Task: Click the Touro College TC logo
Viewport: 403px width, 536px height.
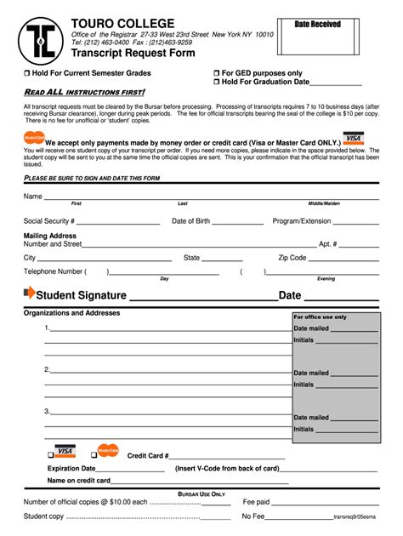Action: click(37, 37)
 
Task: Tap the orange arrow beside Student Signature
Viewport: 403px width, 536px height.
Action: click(30, 294)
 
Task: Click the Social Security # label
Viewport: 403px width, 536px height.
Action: click(49, 221)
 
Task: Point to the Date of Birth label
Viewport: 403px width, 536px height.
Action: click(190, 221)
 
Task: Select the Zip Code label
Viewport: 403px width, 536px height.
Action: click(292, 258)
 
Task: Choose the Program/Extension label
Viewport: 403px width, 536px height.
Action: click(302, 221)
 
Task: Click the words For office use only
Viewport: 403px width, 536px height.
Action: click(321, 316)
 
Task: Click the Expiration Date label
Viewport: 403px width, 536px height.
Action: click(71, 468)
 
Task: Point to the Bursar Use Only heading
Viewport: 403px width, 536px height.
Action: click(201, 493)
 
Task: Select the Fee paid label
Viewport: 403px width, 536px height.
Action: click(256, 502)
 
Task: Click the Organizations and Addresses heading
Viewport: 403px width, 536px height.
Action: click(71, 313)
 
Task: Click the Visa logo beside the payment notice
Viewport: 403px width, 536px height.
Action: click(353, 138)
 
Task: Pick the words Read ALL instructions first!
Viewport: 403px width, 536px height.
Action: click(84, 92)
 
